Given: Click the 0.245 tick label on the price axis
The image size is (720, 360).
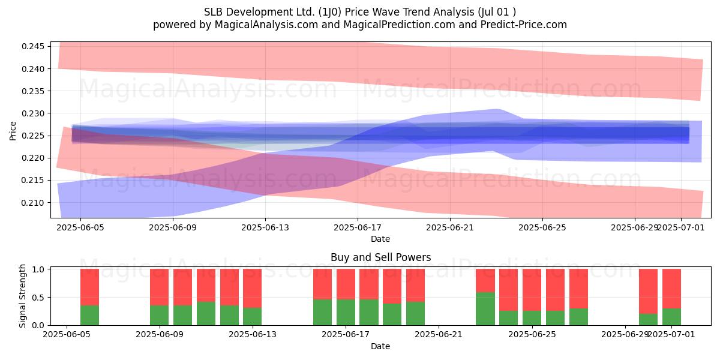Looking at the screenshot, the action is (x=32, y=47).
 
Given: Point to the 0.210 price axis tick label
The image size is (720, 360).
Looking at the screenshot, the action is (x=32, y=203).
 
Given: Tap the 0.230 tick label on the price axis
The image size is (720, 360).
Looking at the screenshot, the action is (x=32, y=113).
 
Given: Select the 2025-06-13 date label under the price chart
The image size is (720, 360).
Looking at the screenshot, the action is (x=265, y=227).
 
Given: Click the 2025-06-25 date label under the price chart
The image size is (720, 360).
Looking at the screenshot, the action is (x=542, y=227).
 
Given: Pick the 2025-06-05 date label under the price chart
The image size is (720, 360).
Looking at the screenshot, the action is (x=80, y=227).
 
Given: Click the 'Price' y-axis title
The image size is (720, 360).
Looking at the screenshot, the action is (x=13, y=131).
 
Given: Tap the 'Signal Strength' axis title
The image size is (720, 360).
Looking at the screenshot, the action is (x=22, y=296).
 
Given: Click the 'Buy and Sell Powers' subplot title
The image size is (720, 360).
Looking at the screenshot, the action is (x=380, y=257).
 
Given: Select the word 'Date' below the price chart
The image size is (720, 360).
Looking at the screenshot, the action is (x=380, y=239).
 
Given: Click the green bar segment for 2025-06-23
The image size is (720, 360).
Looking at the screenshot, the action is (x=485, y=308).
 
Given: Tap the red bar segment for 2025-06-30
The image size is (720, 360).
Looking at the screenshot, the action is (x=649, y=291).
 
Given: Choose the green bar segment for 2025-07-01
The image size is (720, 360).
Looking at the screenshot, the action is (x=672, y=317).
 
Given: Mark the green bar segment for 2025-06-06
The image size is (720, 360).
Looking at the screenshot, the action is (x=89, y=316).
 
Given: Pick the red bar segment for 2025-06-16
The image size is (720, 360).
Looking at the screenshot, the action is (x=322, y=284).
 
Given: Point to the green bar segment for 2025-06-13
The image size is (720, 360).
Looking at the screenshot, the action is (x=253, y=316).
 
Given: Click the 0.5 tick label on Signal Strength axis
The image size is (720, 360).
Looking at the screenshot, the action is (x=38, y=298).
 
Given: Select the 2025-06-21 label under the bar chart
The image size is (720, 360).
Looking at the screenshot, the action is (x=439, y=335).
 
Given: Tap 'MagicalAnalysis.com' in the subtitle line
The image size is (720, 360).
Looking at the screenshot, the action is (x=266, y=25).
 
